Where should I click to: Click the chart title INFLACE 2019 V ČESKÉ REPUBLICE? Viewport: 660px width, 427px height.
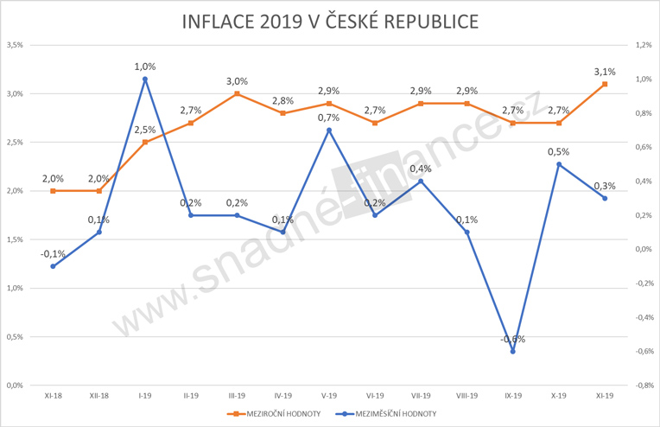pos(329,22)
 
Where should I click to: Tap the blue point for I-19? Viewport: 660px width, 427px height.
pos(145,80)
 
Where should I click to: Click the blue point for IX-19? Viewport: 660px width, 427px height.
pos(513,351)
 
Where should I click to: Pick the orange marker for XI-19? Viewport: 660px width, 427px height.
pos(605,84)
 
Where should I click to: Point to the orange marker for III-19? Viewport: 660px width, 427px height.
pos(237,93)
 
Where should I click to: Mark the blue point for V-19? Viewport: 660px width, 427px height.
pos(329,131)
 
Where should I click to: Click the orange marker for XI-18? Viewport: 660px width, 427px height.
pos(53,191)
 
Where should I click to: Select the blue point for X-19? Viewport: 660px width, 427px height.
pos(559,164)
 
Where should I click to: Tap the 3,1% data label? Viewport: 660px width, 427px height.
pos(605,71)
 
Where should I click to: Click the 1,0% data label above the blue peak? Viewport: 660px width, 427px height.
pos(145,66)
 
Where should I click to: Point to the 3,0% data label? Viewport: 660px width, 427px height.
pos(237,80)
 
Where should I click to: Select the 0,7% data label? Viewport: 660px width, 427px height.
pos(329,118)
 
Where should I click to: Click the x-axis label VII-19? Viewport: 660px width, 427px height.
pos(421,397)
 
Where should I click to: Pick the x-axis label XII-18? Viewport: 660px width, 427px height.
pos(98,397)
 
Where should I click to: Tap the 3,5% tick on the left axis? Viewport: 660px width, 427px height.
pos(14,45)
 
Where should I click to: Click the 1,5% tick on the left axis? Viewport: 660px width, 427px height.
pos(14,239)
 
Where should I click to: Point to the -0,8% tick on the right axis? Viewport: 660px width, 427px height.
pos(644,386)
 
